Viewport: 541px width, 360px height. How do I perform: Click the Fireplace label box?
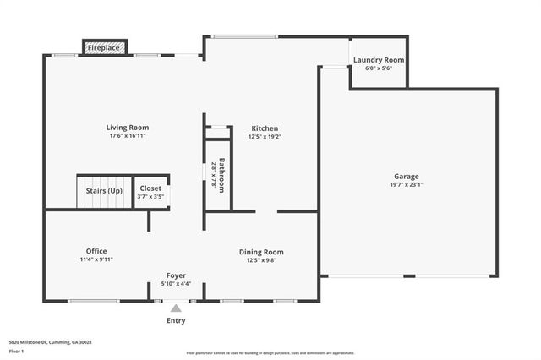[105, 49]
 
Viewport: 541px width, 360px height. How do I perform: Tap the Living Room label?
[128, 128]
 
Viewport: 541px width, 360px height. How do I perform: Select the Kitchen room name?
[264, 128]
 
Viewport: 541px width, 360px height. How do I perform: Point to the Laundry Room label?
[379, 60]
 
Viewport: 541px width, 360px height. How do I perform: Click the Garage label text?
[406, 177]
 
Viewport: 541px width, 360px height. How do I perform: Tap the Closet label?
[150, 188]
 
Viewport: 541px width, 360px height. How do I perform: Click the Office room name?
[96, 251]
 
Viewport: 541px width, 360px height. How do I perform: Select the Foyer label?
[175, 275]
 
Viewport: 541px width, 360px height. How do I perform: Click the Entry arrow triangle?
[176, 308]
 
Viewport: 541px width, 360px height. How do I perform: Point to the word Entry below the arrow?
[176, 320]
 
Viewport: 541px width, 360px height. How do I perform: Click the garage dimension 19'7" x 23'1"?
[406, 184]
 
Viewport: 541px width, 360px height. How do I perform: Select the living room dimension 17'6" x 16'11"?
[128, 136]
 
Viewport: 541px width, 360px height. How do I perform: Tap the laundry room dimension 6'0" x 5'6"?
[379, 68]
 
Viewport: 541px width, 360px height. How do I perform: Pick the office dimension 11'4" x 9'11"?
[96, 259]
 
